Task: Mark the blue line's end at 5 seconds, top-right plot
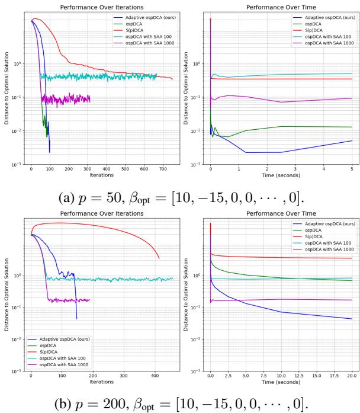click(x=352, y=140)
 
